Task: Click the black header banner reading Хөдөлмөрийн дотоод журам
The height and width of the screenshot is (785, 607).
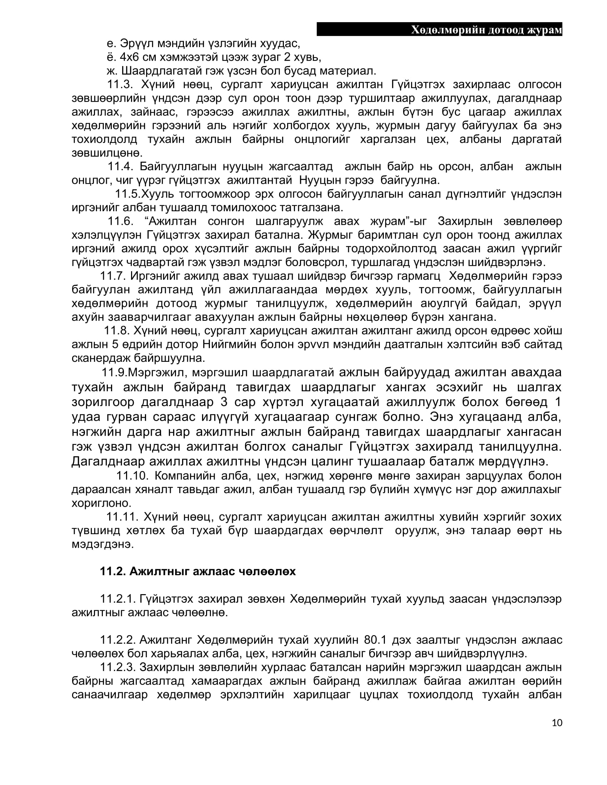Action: [439, 30]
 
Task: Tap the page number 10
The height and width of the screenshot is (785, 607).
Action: [557, 723]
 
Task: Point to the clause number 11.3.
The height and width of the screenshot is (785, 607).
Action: [120, 85]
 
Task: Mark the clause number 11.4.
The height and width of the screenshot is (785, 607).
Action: [120, 166]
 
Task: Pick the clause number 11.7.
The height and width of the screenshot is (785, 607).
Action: [112, 276]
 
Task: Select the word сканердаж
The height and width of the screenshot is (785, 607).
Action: [101, 358]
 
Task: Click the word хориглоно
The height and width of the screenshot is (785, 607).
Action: [101, 503]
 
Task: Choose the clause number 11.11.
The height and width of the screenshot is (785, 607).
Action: [122, 517]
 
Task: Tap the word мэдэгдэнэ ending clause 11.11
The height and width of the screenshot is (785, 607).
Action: [102, 544]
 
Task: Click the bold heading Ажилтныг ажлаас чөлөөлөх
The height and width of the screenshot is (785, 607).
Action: [212, 571]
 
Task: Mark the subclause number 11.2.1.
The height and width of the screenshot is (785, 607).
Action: [117, 599]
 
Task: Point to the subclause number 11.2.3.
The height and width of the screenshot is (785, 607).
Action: [117, 667]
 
